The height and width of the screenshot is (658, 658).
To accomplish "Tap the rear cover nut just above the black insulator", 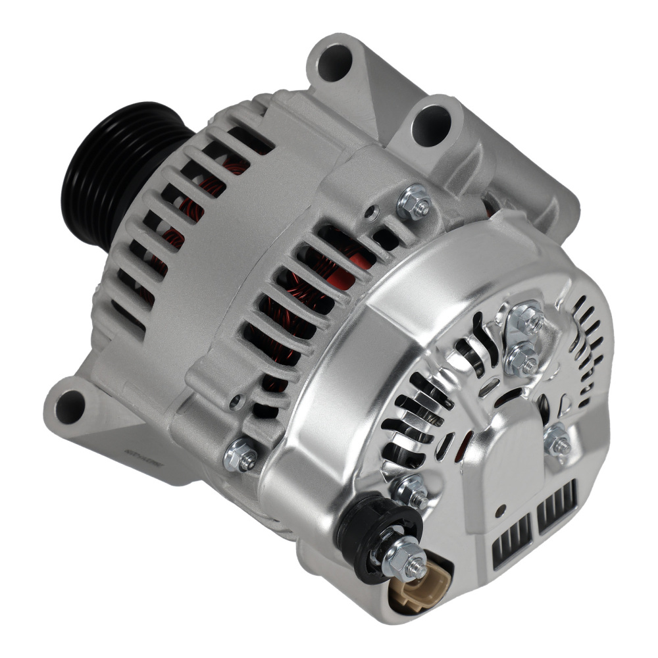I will tap(411, 491).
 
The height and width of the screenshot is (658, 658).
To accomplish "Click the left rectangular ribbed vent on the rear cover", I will tap(512, 539).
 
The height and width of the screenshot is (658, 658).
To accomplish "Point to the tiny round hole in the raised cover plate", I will tap(502, 509).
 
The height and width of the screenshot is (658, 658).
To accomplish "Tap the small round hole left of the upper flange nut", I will tap(373, 212).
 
